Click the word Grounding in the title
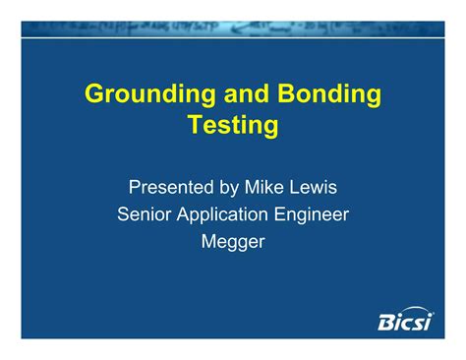coord(146,95)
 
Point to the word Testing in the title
coord(233,126)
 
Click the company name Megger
coord(232,241)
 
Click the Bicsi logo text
coord(404,322)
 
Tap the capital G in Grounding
coord(94,94)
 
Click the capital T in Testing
coord(194,125)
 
